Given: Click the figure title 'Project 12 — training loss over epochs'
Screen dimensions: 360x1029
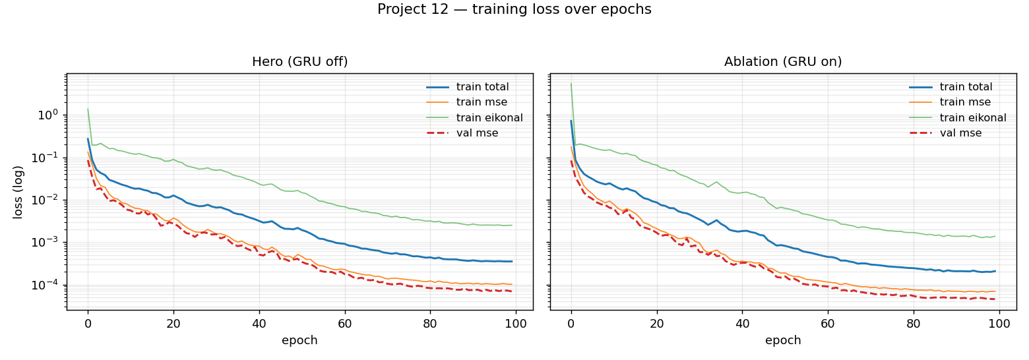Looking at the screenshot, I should pos(514,9).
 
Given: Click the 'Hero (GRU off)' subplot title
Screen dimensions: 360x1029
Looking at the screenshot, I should pos(299,62).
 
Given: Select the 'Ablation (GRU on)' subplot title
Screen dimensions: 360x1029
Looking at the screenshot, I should pos(782,62).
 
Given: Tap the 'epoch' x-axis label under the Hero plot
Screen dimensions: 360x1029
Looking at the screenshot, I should pos(299,340).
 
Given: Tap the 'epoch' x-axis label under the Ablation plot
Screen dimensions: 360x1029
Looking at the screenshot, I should pos(782,340).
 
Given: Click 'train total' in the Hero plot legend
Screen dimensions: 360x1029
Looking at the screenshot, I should pos(482,87).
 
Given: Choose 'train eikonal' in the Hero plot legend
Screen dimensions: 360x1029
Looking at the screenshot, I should pos(489,118).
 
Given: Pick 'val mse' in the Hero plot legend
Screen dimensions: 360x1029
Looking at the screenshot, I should pos(477,133).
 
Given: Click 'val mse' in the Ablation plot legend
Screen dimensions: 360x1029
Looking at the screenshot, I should pos(960,133).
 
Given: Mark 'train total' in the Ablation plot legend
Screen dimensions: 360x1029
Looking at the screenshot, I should pos(966,87).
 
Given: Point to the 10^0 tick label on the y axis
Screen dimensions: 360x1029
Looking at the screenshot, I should pos(48,115).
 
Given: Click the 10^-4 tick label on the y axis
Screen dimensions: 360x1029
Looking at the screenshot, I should pos(48,285).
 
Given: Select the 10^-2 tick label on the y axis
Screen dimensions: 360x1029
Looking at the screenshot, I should pos(48,200).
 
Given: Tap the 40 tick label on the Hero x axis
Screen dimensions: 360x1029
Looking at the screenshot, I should pos(259,323).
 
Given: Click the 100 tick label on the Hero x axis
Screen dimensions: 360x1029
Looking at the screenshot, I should pos(515,323).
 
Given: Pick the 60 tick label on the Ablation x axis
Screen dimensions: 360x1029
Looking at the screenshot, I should pos(828,323).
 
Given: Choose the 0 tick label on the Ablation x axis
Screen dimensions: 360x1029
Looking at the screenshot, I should pos(571,323).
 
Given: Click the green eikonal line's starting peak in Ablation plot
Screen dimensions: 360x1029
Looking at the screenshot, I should pos(571,84).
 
